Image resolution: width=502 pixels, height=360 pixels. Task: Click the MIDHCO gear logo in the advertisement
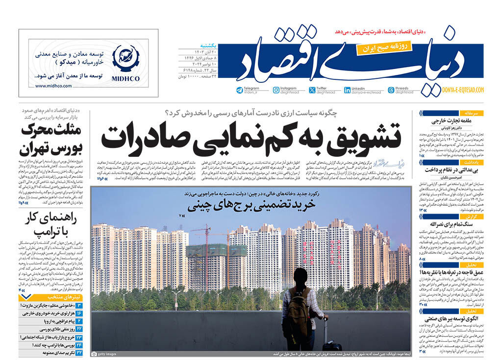[x=125, y=58]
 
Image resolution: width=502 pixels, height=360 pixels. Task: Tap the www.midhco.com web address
[x=53, y=86]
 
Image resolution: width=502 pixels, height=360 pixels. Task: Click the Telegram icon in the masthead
[x=240, y=90]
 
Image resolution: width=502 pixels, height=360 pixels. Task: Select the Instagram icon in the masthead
[x=276, y=90]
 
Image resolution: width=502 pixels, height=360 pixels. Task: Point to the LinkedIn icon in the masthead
[x=347, y=90]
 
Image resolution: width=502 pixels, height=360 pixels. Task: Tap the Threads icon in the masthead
[x=391, y=90]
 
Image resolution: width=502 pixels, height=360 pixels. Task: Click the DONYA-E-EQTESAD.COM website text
[x=463, y=90]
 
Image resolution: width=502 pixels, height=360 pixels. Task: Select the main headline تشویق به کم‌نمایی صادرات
[x=251, y=138]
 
